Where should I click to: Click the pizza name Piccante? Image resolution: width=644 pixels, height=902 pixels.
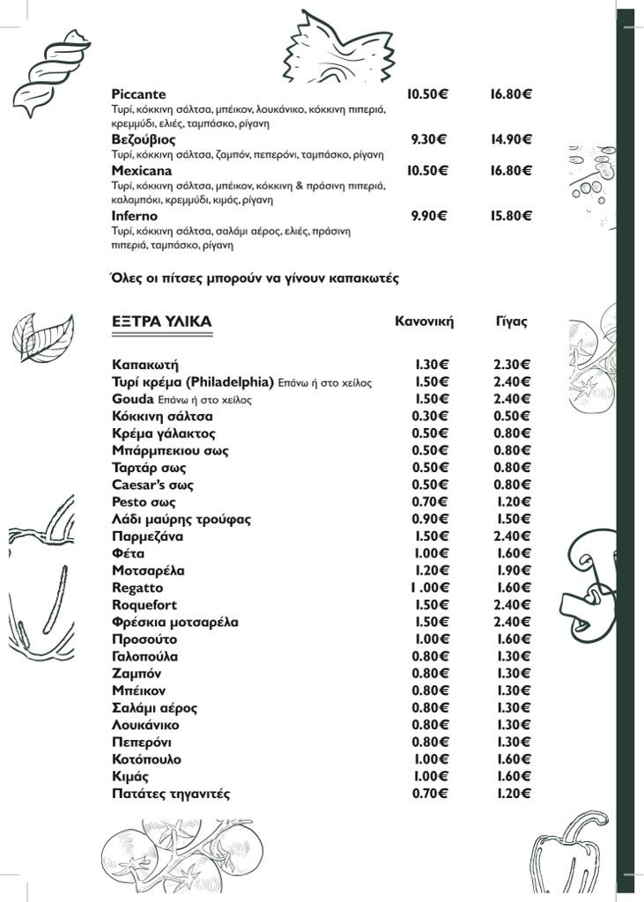pyautogui.click(x=139, y=94)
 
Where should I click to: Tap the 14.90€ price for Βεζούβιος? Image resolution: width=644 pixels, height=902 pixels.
pyautogui.click(x=511, y=139)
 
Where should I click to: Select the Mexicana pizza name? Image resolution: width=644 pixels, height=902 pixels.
pyautogui.click(x=142, y=170)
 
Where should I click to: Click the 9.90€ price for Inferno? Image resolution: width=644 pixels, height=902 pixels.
pyautogui.click(x=429, y=216)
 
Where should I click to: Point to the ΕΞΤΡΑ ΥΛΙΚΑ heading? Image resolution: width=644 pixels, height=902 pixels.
pyautogui.click(x=162, y=322)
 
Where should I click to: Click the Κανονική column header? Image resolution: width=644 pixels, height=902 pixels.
pyautogui.click(x=424, y=322)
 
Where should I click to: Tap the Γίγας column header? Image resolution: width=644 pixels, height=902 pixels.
pyautogui.click(x=511, y=322)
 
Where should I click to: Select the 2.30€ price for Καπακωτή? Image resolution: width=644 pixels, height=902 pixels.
pyautogui.click(x=512, y=365)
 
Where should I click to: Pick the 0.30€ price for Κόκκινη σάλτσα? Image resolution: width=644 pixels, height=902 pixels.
pyautogui.click(x=431, y=417)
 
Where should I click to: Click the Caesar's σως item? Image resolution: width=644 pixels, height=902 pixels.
pyautogui.click(x=152, y=485)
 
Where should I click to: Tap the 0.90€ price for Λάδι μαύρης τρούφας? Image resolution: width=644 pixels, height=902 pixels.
pyautogui.click(x=431, y=520)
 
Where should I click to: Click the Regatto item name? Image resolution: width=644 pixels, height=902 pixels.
pyautogui.click(x=137, y=588)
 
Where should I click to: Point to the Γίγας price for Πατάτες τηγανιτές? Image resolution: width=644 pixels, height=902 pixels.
pyautogui.click(x=512, y=795)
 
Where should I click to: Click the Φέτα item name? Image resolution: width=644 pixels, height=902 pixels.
pyautogui.click(x=128, y=554)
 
